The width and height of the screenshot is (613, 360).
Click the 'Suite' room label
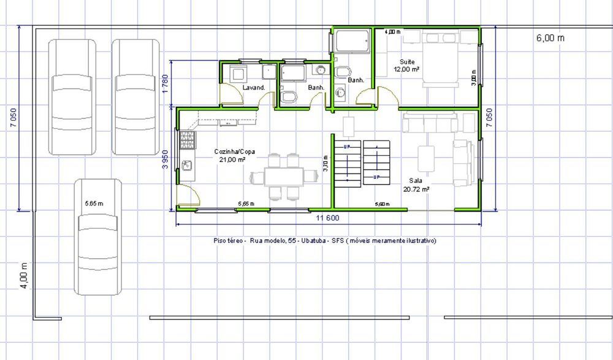[x=407, y=62]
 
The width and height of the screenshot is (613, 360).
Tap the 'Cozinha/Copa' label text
[x=230, y=151]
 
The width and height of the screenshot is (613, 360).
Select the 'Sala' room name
[x=416, y=182]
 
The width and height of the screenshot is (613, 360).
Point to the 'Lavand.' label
[x=253, y=88]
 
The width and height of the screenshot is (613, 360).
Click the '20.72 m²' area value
[x=416, y=190]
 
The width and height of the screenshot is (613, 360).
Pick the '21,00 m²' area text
[x=232, y=159]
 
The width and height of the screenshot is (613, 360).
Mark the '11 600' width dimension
[x=327, y=218]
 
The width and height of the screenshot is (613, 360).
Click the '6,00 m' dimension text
[x=550, y=38]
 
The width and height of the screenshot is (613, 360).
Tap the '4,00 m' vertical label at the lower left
[x=24, y=275]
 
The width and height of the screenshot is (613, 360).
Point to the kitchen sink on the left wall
[x=187, y=165]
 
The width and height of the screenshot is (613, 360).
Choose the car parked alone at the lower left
[x=98, y=236]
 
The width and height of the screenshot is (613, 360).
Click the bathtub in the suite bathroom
[x=351, y=42]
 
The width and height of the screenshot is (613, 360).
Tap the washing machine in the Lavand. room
[x=237, y=74]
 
